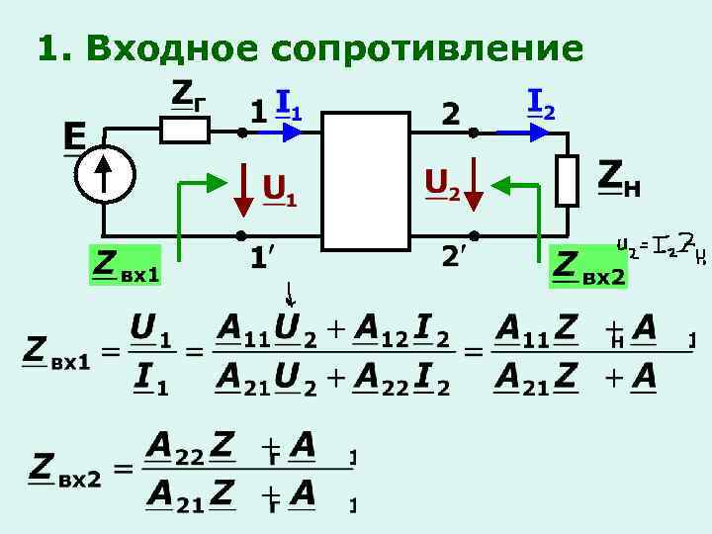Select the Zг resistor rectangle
pyautogui.click(x=186, y=130)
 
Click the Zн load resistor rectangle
pyautogui.click(x=566, y=180)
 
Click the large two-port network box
pyautogui.click(x=367, y=179)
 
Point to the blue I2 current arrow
pyautogui.click(x=517, y=131)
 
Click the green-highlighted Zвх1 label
pyautogui.click(x=125, y=266)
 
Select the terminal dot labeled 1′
pyautogui.click(x=240, y=235)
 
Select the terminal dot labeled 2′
pyautogui.click(x=474, y=235)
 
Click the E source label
pyautogui.click(x=74, y=135)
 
